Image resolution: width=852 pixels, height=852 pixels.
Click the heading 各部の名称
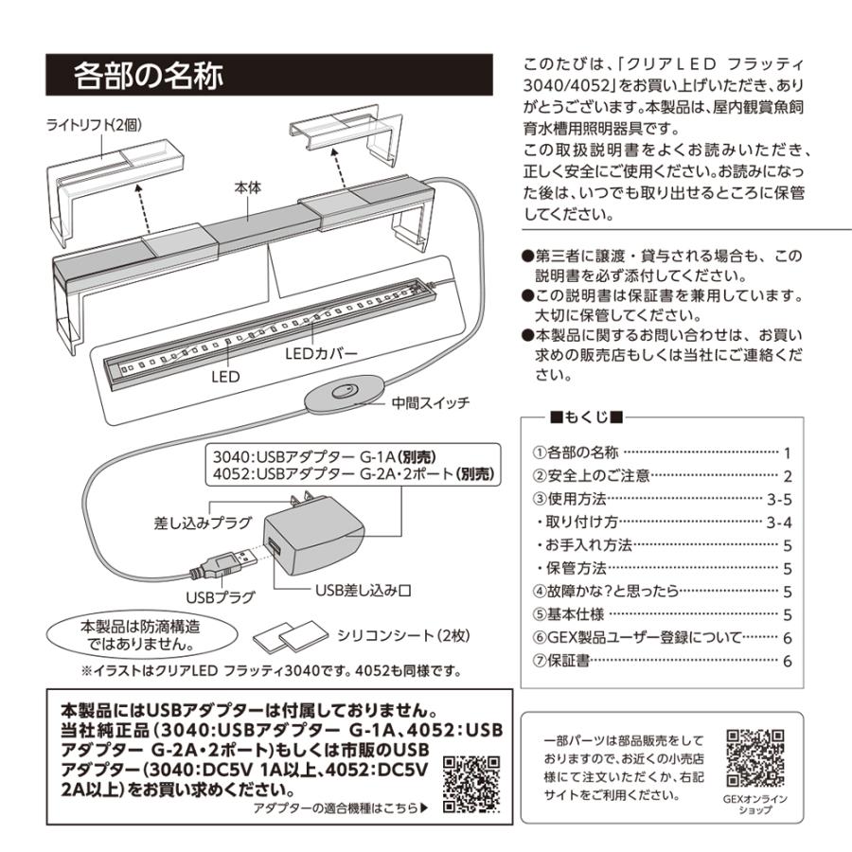point(149,75)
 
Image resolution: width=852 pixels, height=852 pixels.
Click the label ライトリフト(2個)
point(94,125)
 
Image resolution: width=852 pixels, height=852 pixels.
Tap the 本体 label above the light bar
point(248,188)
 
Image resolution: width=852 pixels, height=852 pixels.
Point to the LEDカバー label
point(321,354)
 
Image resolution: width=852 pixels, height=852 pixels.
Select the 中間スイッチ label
point(431,402)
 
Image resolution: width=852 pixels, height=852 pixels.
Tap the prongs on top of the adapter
point(303,498)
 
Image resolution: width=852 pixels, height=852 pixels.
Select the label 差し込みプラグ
point(204,523)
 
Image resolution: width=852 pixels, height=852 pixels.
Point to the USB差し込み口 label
point(363,590)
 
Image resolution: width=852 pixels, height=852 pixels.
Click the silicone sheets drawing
point(291,636)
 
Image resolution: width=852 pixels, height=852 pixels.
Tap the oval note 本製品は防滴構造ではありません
point(141,635)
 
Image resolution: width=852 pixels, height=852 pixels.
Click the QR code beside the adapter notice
point(471,784)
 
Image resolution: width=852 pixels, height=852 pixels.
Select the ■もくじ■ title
point(586,417)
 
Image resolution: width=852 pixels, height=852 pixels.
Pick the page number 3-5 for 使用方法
point(779,499)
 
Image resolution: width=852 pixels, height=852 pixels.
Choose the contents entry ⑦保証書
point(560,661)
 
